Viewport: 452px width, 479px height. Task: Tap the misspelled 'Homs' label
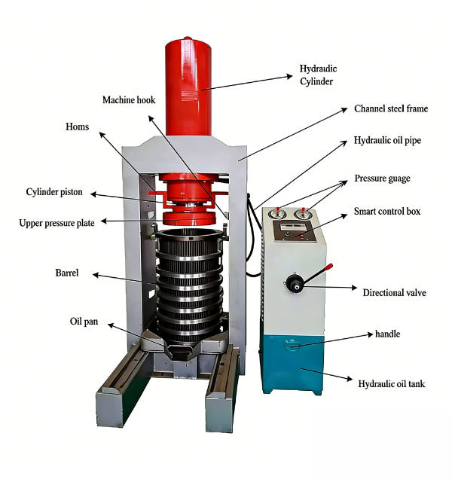[x=78, y=127]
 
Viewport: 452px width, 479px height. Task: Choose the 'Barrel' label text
[x=66, y=273]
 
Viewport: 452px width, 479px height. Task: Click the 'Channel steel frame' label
[x=391, y=108]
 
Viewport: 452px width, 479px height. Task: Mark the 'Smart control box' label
[x=387, y=212]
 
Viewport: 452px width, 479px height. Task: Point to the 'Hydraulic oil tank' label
[x=391, y=384]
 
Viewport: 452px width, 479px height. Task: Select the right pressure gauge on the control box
[x=306, y=215]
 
